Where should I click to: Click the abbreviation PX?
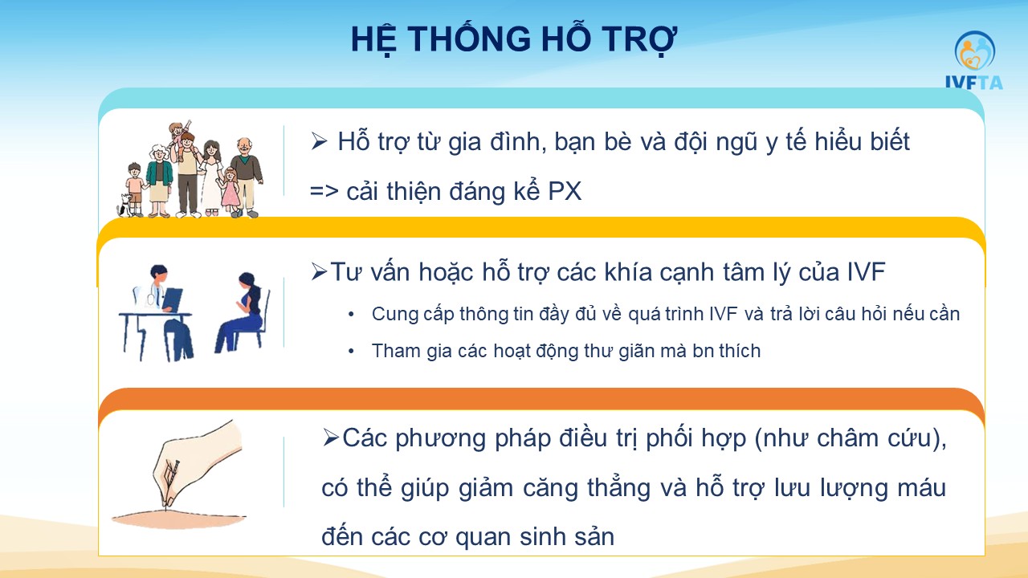coord(565,191)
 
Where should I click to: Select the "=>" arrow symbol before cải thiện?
coord(324,191)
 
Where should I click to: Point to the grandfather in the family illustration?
coord(247,177)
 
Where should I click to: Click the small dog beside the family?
coord(124,205)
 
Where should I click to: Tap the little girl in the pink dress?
coord(230,191)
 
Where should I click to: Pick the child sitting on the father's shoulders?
coord(179,136)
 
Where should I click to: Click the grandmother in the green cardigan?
coord(159,181)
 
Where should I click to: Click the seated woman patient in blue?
coord(243,313)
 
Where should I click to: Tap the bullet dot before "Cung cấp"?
coord(351,315)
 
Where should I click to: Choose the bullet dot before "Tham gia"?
coord(351,352)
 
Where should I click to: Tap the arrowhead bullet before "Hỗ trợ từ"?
coord(319,141)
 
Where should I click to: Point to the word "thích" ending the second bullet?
coord(740,351)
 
